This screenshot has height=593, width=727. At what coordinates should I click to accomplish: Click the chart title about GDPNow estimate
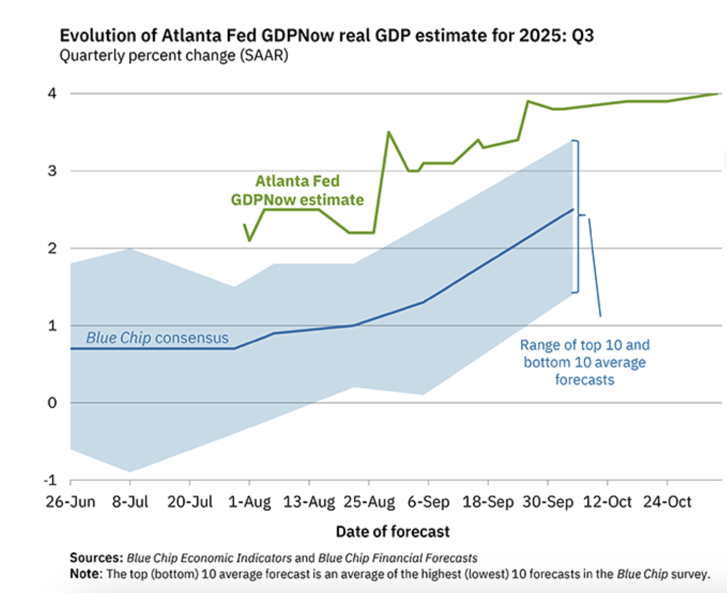coord(326,36)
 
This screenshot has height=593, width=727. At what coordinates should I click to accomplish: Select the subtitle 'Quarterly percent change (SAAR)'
coord(173,56)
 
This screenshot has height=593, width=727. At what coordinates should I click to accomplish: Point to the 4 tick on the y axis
coord(52,94)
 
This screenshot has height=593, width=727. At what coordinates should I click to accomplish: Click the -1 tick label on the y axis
coord(50,480)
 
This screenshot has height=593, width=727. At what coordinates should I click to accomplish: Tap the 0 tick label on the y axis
coord(52,403)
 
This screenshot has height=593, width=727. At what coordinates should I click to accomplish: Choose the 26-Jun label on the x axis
coord(70,502)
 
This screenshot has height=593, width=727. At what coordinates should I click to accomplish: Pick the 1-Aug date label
coord(250,502)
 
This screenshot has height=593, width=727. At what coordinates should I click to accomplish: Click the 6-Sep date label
coord(428,502)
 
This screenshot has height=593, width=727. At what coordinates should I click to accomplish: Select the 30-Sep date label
coord(548,502)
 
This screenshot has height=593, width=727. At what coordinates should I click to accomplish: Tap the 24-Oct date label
coord(667,502)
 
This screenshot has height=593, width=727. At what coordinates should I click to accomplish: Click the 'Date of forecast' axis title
coord(393,532)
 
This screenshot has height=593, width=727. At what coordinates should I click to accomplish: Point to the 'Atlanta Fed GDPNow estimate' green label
coord(297,190)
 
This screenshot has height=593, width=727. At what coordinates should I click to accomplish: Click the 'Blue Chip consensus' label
coord(157,338)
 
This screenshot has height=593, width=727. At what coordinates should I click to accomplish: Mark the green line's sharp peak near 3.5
coord(388,132)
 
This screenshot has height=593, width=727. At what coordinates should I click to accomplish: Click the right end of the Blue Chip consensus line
coord(573,210)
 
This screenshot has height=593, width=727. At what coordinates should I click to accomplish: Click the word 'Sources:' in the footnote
coord(96,558)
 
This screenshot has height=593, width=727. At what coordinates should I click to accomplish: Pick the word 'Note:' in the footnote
coord(85,574)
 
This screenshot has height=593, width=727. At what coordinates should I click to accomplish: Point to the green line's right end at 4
coord(719,94)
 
